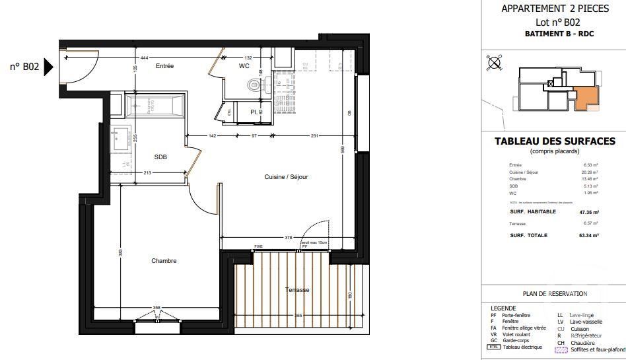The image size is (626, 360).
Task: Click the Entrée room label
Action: coord(164,66)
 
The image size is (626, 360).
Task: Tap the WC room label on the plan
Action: coord(244,66)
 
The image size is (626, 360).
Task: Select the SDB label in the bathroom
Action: coord(160,157)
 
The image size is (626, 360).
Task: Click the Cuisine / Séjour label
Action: coord(286,177)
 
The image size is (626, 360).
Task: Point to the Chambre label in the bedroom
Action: coord(164,261)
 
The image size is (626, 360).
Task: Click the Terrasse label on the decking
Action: coord(297,290)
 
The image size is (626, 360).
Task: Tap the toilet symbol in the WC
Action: coord(254,85)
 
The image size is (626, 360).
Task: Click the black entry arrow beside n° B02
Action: coord(48,67)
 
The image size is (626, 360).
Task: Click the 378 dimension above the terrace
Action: coord(269,238)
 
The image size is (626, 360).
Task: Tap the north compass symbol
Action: coord(493,63)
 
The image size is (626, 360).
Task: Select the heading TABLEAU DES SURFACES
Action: coord(555,141)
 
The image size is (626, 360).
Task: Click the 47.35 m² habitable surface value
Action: coord(587,212)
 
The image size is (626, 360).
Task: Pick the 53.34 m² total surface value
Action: coord(587,235)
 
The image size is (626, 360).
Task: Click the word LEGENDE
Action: coord(503,308)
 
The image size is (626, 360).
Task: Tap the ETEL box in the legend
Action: coord(493,347)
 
